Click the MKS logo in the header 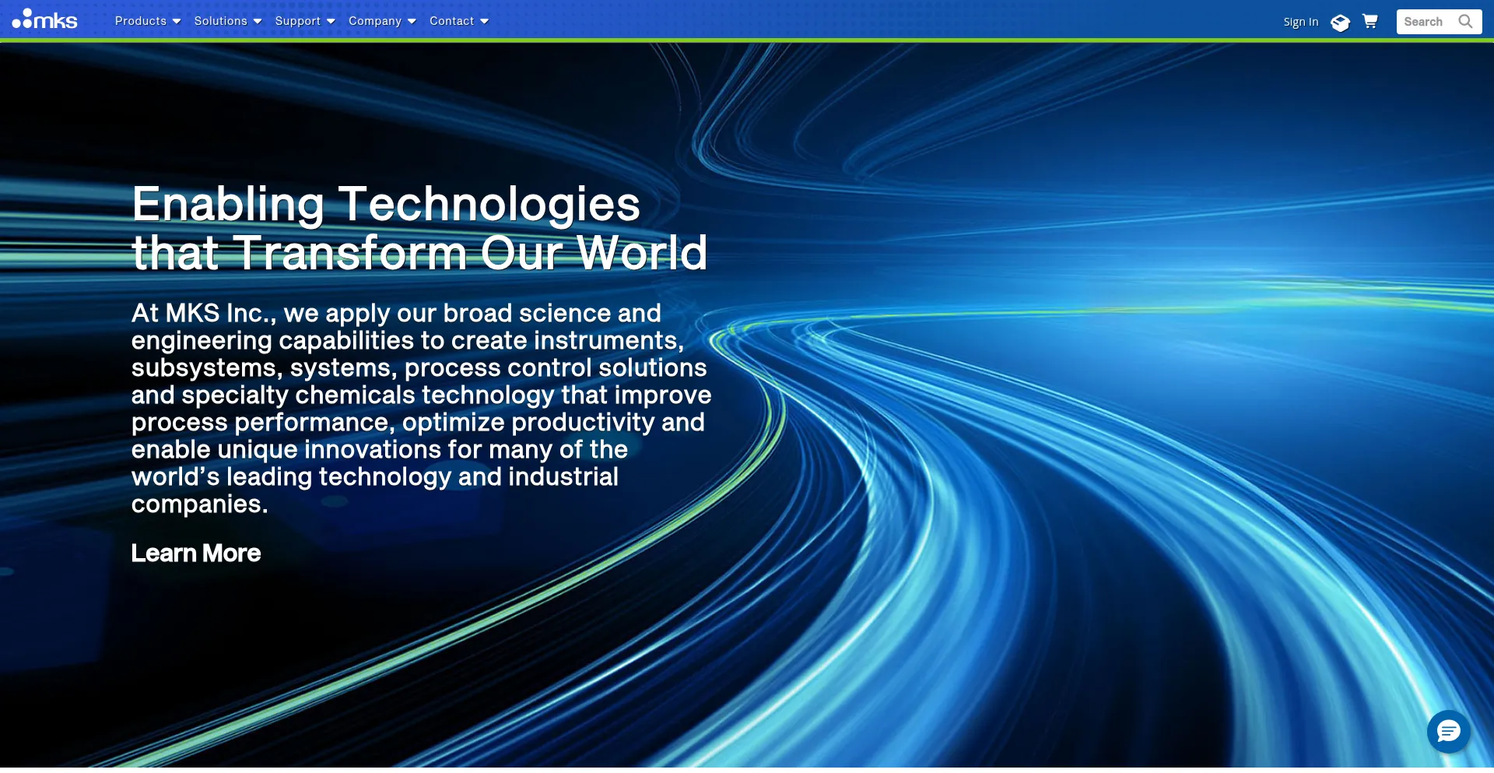click(44, 19)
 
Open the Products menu click(148, 21)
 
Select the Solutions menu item click(228, 21)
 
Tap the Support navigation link click(305, 21)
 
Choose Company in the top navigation click(382, 21)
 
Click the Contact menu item click(459, 21)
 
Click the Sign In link click(1301, 22)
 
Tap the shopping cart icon click(1370, 21)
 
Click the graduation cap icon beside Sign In click(1340, 23)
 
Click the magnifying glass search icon click(1466, 22)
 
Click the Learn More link click(196, 553)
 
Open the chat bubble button click(1449, 732)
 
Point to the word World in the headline click(642, 253)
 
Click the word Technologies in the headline click(489, 204)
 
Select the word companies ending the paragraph click(199, 505)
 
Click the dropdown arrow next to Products click(177, 22)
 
